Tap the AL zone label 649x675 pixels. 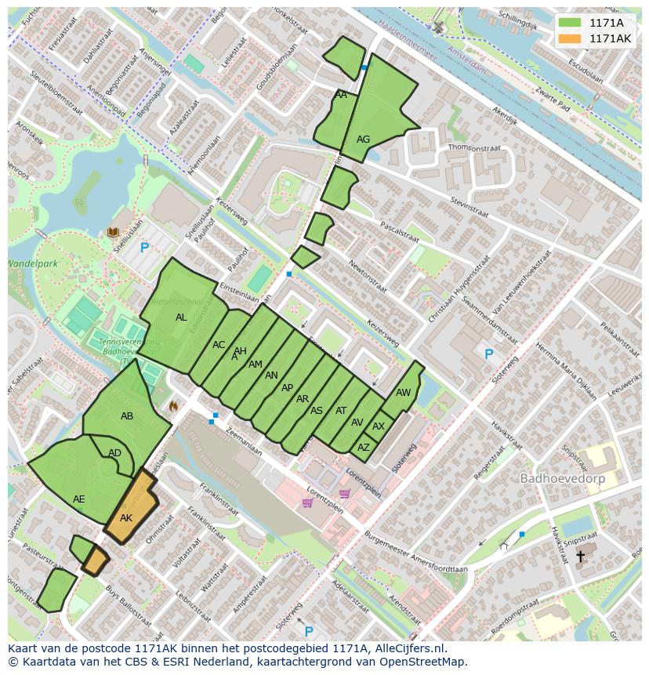pyautogui.click(x=181, y=318)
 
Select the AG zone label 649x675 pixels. pyautogui.click(x=363, y=140)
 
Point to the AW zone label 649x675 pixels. pyautogui.click(x=403, y=393)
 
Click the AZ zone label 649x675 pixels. pyautogui.click(x=363, y=448)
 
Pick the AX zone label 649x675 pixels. pyautogui.click(x=379, y=426)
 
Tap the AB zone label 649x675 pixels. pyautogui.click(x=127, y=416)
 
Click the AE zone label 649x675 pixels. pyautogui.click(x=79, y=499)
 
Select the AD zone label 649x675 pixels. pyautogui.click(x=115, y=453)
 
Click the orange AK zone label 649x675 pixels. pyautogui.click(x=126, y=518)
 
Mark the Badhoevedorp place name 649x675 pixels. pyautogui.click(x=557, y=477)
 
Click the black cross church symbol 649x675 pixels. pyautogui.click(x=580, y=556)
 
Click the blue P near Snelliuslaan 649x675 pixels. pyautogui.click(x=144, y=249)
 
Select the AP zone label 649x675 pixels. pyautogui.click(x=287, y=388)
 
